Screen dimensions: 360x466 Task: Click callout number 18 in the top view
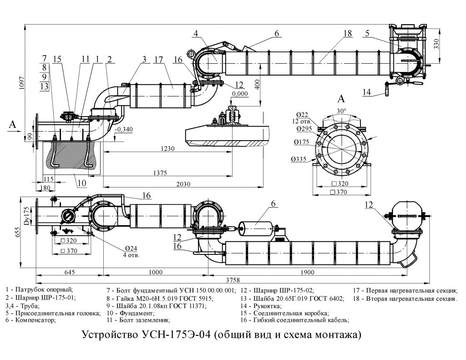pos(348,33)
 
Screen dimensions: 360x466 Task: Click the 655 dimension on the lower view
pos(17,231)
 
